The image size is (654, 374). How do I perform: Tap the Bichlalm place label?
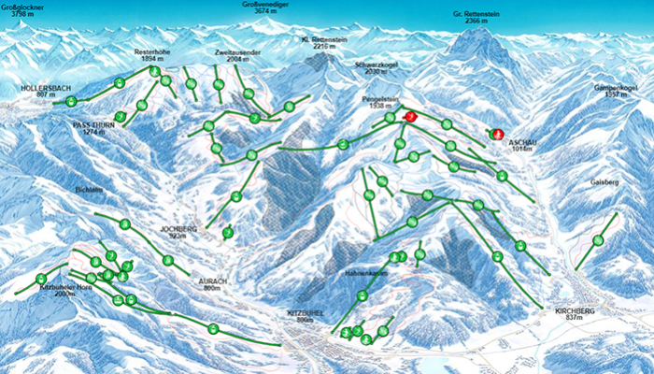[90, 189]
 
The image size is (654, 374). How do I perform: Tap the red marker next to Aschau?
[496, 134]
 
